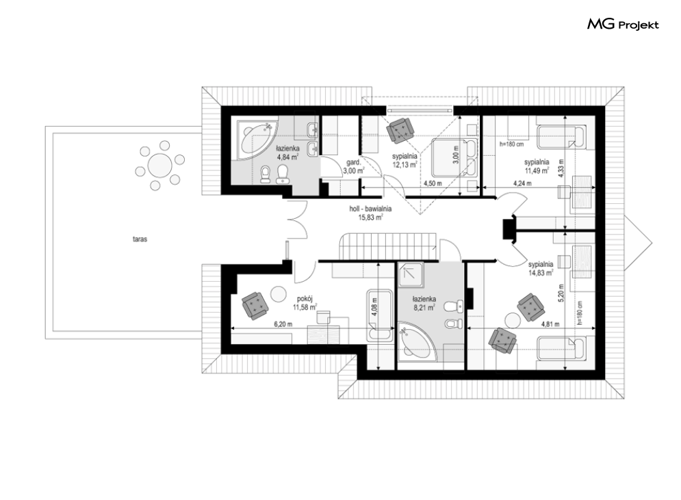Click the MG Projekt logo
click(624, 25)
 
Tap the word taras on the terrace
click(140, 239)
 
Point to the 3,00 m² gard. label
click(352, 168)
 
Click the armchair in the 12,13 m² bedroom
click(400, 130)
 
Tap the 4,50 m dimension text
click(433, 183)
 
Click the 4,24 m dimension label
click(522, 183)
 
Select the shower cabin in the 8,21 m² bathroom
click(411, 275)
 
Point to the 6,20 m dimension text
click(283, 324)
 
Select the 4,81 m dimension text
click(550, 324)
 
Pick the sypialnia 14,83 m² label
click(541, 268)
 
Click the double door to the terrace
click(296, 220)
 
